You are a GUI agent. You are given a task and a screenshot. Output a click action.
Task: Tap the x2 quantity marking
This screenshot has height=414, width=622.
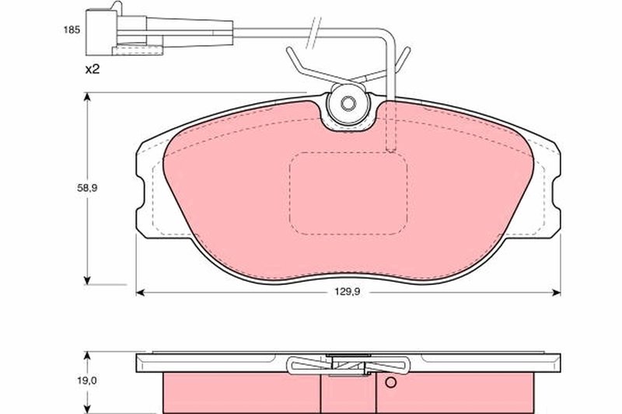pos(93,69)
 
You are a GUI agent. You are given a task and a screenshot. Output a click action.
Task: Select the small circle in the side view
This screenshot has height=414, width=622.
pos(391,382)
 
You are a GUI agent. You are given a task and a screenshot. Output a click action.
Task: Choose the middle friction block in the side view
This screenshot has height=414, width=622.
pos(348,392)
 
